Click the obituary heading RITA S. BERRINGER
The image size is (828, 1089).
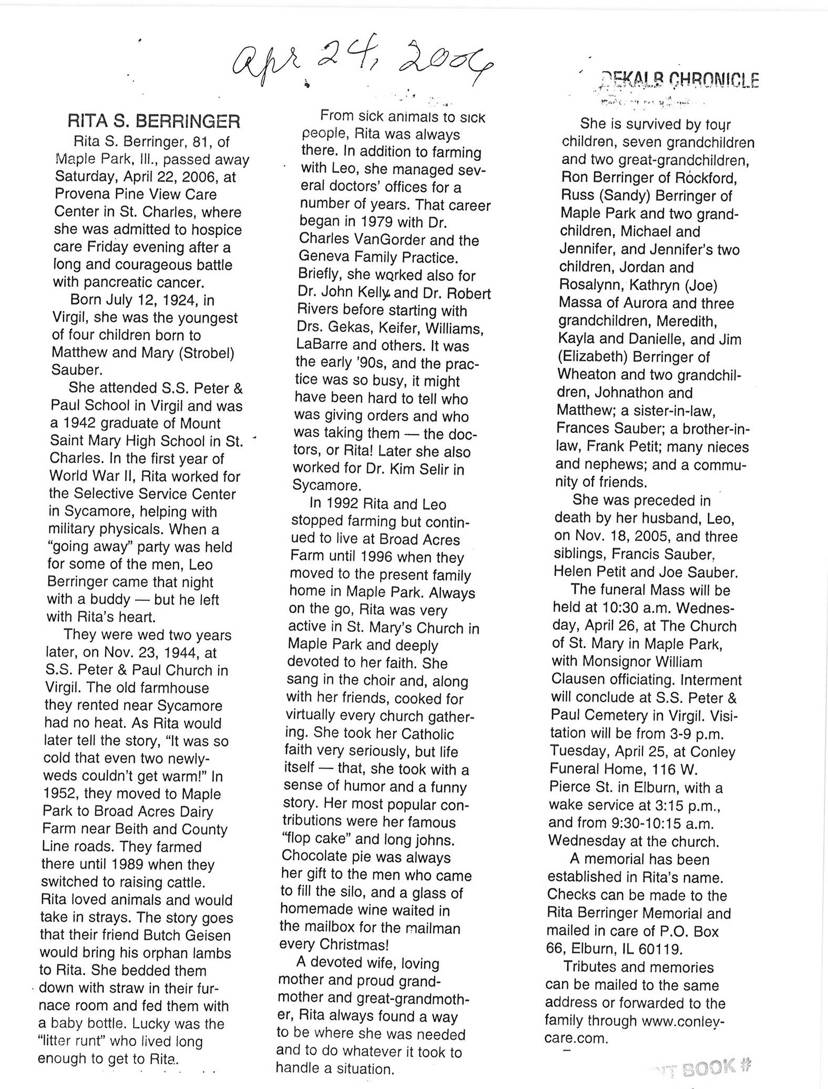coord(154,122)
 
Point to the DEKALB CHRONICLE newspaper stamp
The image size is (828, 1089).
coord(679,80)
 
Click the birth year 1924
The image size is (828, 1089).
coord(175,300)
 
